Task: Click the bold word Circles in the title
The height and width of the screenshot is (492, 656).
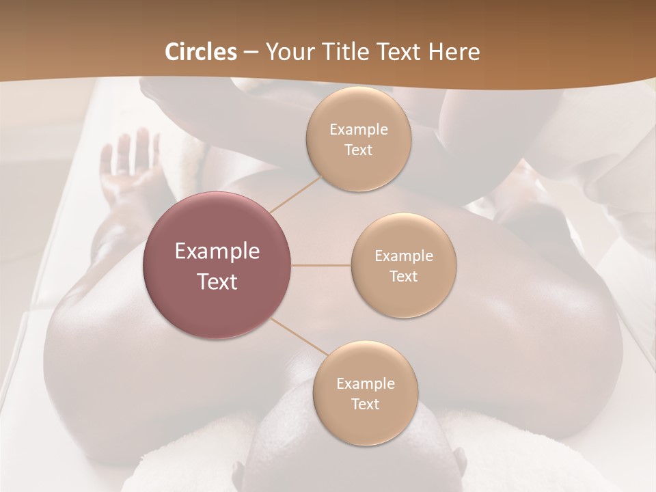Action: [201, 52]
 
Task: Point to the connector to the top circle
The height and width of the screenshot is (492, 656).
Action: [295, 193]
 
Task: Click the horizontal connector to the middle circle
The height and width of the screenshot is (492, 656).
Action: [320, 265]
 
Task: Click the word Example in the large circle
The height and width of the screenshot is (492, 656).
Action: [217, 251]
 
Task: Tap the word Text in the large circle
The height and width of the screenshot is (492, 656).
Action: [217, 282]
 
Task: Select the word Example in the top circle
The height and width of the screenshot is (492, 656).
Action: [358, 130]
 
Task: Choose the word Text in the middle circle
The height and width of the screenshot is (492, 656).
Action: [403, 277]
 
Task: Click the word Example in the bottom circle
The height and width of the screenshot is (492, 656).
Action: [365, 384]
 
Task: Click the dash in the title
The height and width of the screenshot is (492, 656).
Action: [251, 52]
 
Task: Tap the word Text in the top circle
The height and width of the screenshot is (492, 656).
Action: [358, 150]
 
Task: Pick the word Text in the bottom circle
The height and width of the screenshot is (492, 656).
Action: [365, 405]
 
